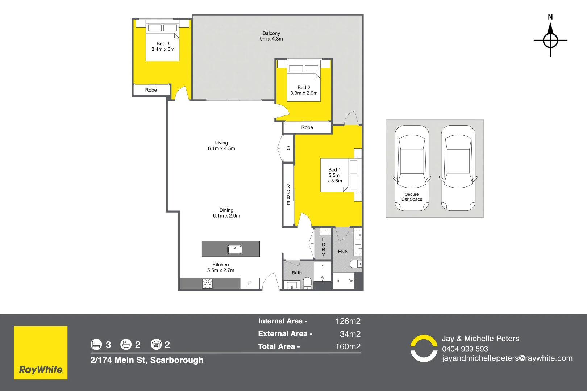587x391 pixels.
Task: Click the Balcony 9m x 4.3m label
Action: (x=271, y=36)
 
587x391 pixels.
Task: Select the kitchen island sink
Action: (x=234, y=249)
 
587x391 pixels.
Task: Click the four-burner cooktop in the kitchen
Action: (x=207, y=283)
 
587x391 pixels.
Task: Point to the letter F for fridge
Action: (x=249, y=283)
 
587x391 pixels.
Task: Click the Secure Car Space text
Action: (x=412, y=197)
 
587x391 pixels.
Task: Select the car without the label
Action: (x=458, y=168)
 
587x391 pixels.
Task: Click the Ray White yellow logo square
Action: (x=41, y=353)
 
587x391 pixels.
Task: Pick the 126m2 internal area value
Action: (x=348, y=321)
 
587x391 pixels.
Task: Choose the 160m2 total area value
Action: (x=348, y=346)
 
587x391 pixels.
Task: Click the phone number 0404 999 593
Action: (x=465, y=349)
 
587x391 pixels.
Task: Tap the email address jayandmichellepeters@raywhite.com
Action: (x=507, y=358)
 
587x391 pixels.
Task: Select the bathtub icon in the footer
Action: (x=126, y=344)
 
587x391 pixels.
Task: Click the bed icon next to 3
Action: (x=96, y=344)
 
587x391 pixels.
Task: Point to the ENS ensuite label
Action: (x=342, y=252)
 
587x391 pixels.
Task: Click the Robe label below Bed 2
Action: (x=307, y=127)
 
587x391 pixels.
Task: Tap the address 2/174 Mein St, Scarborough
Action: (x=147, y=360)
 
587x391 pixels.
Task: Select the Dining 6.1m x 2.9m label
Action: (x=226, y=213)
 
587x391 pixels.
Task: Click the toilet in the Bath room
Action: (x=307, y=282)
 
